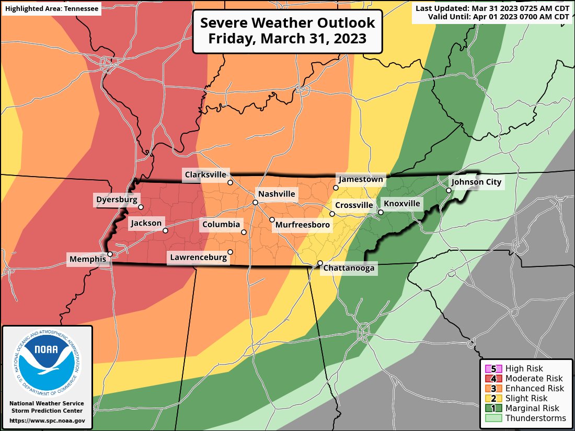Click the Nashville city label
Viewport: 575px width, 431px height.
tap(277, 194)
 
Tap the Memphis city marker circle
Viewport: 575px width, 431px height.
tap(110, 254)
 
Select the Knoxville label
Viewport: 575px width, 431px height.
tap(401, 203)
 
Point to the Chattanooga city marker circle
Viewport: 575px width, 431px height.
tap(320, 263)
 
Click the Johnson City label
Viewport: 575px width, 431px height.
tap(476, 182)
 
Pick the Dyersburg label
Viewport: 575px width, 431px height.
tap(117, 199)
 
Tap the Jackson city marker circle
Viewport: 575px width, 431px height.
tap(165, 230)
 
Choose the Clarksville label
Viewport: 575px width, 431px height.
tap(204, 174)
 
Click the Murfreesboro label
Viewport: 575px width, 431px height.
tap(303, 225)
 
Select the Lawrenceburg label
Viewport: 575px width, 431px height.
tap(198, 257)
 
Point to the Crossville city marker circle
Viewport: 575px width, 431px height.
tap(332, 214)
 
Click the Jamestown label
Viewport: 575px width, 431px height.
tap(361, 179)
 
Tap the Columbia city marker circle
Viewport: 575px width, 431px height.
tap(244, 232)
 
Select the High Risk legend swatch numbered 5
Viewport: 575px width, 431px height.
tap(494, 369)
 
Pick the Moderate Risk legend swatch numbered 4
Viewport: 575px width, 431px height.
tap(494, 379)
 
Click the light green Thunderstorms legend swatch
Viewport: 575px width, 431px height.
tap(494, 418)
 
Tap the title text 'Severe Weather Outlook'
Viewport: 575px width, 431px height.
tap(287, 24)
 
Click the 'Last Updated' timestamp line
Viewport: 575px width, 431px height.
tap(492, 8)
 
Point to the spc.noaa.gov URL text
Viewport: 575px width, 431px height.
tap(47, 421)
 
